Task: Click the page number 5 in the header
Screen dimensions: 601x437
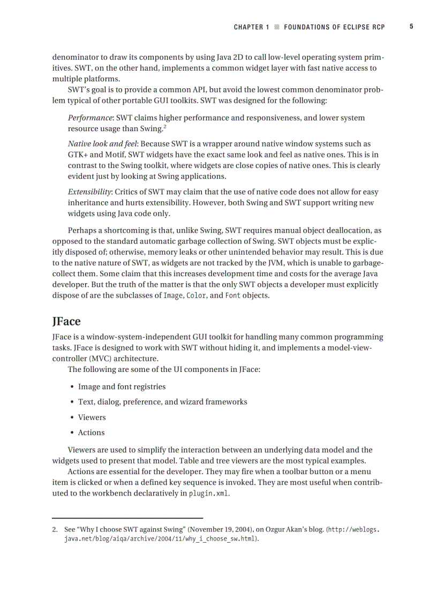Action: click(411, 26)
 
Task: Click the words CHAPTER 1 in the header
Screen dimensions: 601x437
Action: click(252, 27)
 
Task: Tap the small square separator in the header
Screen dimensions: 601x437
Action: click(277, 27)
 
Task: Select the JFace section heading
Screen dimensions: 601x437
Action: click(66, 321)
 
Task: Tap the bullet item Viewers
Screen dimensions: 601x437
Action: click(92, 417)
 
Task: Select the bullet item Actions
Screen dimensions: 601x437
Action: click(91, 432)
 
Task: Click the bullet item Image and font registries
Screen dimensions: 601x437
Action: click(122, 387)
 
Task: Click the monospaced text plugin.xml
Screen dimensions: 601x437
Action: click(209, 493)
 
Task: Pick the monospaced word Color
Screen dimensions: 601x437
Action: click(195, 295)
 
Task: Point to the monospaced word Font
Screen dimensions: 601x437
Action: click(232, 295)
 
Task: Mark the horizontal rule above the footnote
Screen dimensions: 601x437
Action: click(127, 518)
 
